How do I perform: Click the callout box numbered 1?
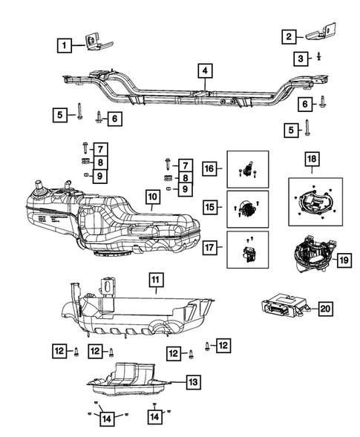click(x=65, y=46)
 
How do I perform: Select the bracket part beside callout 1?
click(x=95, y=43)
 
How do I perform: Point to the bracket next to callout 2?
click(x=321, y=33)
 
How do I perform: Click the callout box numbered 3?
click(x=300, y=58)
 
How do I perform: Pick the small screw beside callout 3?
click(x=318, y=56)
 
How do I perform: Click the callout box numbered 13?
click(x=192, y=382)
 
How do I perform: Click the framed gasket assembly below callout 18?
click(x=315, y=200)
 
